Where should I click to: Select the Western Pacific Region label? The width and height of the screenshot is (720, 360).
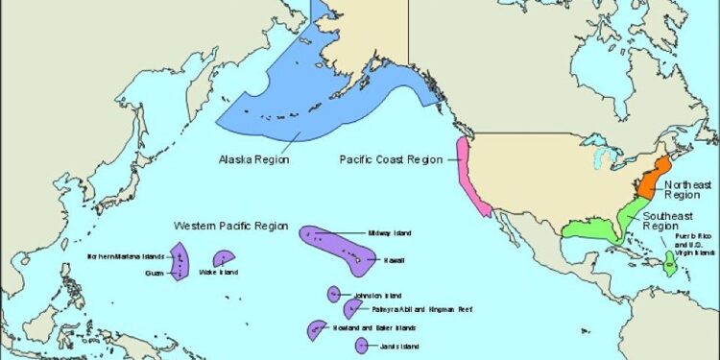coord(230,226)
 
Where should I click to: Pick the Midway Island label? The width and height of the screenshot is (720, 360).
coord(391,233)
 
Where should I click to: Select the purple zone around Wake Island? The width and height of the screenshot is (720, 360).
coord(224,257)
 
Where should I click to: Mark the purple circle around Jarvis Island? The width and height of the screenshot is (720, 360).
coord(361,345)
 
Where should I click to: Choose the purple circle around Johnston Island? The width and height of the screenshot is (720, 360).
coord(334,294)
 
